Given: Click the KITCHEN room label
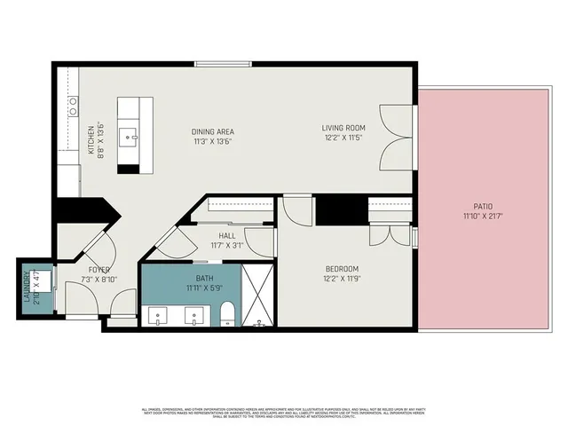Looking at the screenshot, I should tap(91, 139).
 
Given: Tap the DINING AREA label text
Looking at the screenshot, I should tap(212, 131).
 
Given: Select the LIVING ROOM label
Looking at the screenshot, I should tap(343, 128).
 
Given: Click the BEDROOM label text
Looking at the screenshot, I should tap(341, 269).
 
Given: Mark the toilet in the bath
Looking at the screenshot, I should tap(226, 313).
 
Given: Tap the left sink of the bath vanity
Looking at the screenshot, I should tap(158, 313).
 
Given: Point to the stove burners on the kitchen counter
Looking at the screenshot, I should tap(71, 106).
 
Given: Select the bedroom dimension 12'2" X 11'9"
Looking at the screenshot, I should tap(341, 279).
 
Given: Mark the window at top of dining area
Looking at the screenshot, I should tap(221, 63).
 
